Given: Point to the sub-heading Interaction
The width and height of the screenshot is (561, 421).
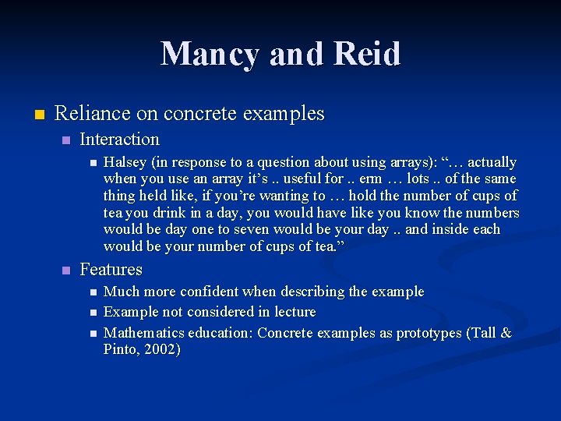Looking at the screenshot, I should pyautogui.click(x=119, y=140).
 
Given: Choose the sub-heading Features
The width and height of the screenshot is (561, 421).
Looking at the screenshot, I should pyautogui.click(x=111, y=270).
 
